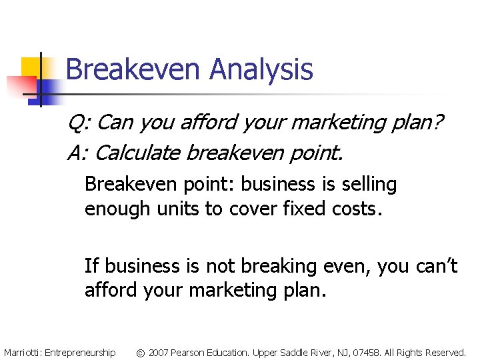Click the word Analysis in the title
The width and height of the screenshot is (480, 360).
(x=261, y=70)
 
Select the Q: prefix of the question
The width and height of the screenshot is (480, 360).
(x=81, y=123)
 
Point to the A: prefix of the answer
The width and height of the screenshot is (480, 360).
(x=79, y=153)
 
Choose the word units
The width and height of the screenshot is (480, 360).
(x=180, y=209)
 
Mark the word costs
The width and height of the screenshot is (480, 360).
(x=355, y=209)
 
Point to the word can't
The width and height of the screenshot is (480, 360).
(x=433, y=266)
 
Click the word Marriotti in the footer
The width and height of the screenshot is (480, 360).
(x=22, y=352)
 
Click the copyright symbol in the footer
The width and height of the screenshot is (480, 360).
(x=141, y=352)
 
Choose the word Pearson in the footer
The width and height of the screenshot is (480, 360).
(x=189, y=352)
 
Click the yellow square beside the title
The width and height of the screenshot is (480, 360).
(x=33, y=69)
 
